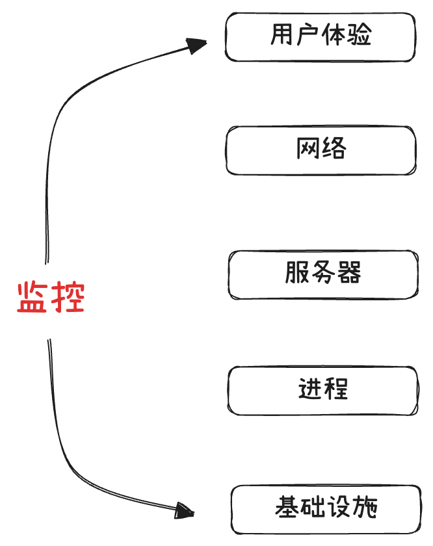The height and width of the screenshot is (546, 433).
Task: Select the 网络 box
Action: click(x=321, y=151)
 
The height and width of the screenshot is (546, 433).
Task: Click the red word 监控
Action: click(x=51, y=298)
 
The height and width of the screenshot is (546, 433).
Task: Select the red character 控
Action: click(x=68, y=298)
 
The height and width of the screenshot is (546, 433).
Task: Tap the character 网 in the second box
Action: click(x=308, y=149)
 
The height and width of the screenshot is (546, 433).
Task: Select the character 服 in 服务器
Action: click(x=296, y=272)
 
